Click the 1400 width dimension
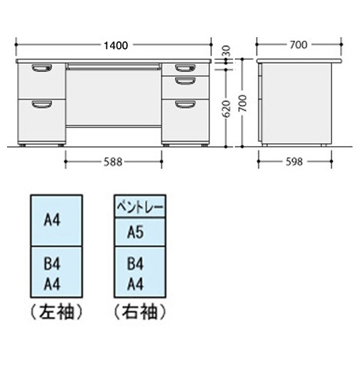tap(116, 46)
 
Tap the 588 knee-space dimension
tap(113, 162)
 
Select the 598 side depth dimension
tap(294, 161)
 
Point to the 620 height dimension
tap(226, 108)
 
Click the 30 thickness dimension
tap(226, 51)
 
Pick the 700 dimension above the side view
tap(299, 45)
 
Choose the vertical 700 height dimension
tap(242, 103)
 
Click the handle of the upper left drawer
tap(42, 68)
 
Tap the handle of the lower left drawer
tap(42, 104)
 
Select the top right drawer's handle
tap(185, 68)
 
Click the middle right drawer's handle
tap(185, 81)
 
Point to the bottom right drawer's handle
tap(185, 104)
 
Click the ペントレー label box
tap(140, 206)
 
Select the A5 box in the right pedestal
tap(140, 232)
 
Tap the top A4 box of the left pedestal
tap(56, 220)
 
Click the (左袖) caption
tap(56, 312)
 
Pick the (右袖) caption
tap(140, 312)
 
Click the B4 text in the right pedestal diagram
tap(135, 264)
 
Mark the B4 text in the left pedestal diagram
tap(52, 264)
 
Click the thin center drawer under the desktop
tap(114, 67)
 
